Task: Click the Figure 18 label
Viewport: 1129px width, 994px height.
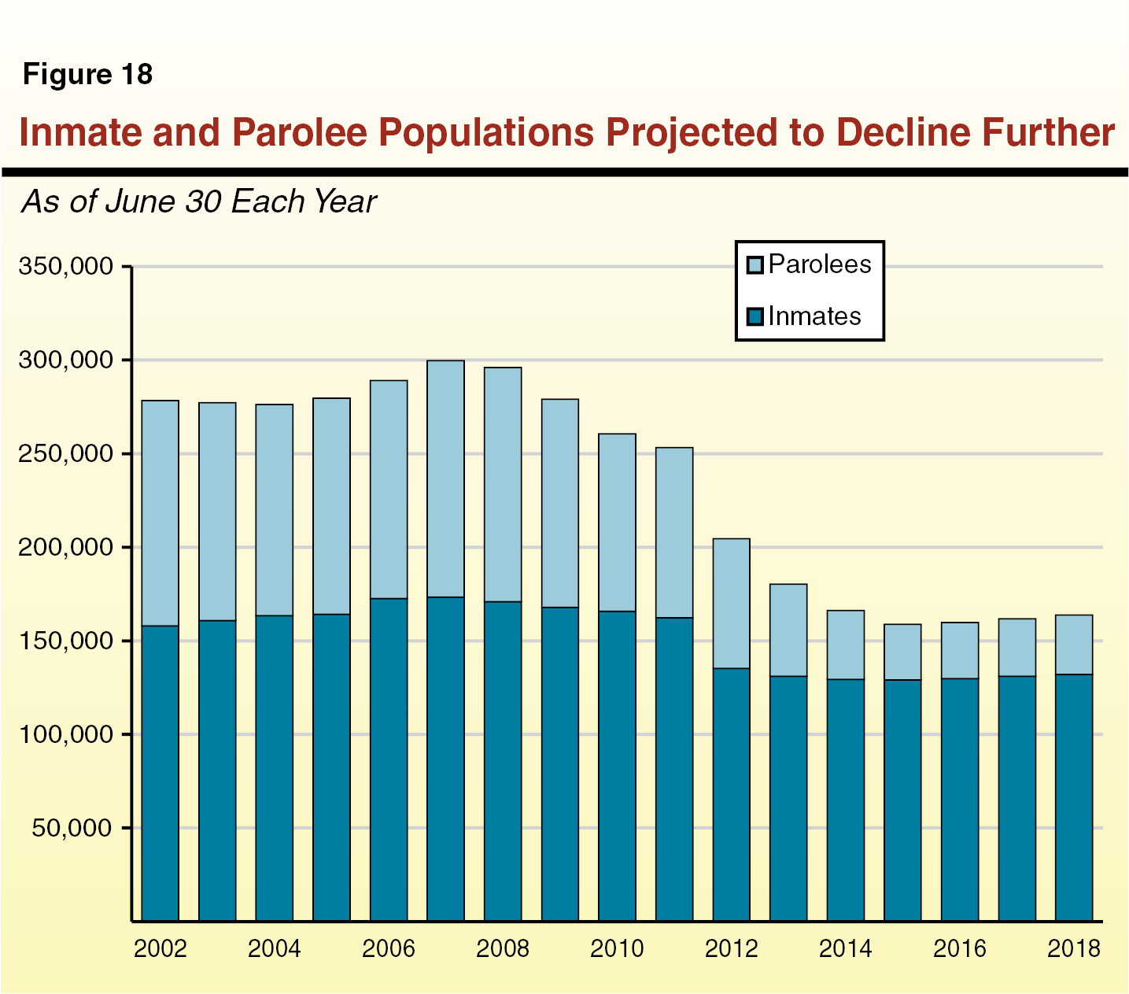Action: click(x=87, y=75)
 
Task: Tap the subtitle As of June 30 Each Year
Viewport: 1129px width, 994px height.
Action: click(x=198, y=202)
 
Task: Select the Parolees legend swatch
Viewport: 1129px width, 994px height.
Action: click(x=755, y=265)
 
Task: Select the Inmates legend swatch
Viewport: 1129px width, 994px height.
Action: click(x=755, y=317)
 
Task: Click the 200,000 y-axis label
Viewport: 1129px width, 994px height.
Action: click(x=65, y=547)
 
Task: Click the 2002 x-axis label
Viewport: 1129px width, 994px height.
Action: click(x=160, y=948)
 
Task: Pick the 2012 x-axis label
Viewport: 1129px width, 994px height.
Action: click(x=731, y=948)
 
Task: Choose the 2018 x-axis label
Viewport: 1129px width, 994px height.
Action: click(x=1073, y=948)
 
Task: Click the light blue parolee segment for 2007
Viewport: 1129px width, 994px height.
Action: click(x=445, y=479)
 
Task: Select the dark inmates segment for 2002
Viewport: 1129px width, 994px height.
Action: click(x=160, y=773)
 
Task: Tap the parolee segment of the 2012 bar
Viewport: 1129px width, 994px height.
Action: click(x=731, y=603)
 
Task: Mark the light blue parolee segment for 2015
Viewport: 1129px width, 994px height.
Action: click(x=902, y=652)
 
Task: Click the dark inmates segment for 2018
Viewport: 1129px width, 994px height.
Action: click(x=1073, y=796)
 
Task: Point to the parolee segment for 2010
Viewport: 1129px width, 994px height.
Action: click(x=617, y=523)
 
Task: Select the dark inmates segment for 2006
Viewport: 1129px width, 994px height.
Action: click(x=389, y=759)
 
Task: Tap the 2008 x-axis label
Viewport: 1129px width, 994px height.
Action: click(x=503, y=948)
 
